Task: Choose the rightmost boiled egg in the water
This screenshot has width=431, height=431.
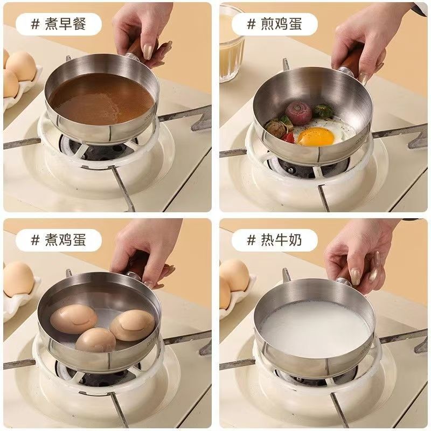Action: pos(133,325)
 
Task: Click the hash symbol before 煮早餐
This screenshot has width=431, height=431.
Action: pos(36,24)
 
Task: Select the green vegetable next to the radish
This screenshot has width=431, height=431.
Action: pos(323,112)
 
